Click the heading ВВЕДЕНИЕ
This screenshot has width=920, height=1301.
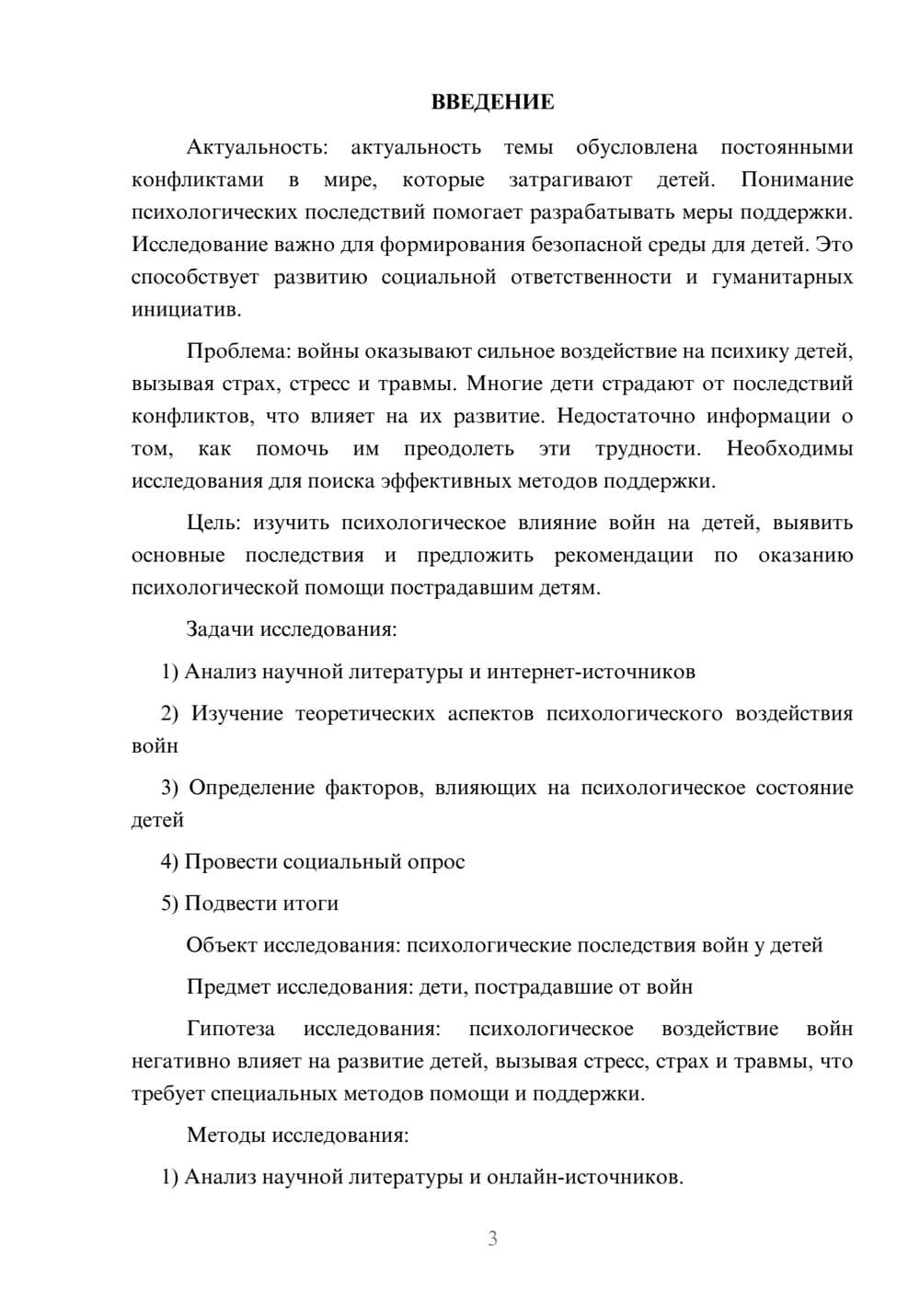click(x=492, y=102)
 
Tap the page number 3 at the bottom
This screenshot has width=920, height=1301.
click(x=492, y=1238)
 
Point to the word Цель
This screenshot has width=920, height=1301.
click(x=212, y=523)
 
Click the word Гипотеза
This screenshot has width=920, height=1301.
click(x=231, y=1029)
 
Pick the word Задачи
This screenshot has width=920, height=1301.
click(x=221, y=629)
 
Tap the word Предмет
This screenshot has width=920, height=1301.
click(x=229, y=987)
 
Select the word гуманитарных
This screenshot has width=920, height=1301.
click(x=782, y=277)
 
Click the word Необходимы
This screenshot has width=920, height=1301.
click(x=789, y=449)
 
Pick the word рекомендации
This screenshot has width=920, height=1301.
click(x=623, y=556)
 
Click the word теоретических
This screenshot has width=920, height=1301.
click(x=365, y=714)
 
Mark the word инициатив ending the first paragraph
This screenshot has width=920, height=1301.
click(x=185, y=310)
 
